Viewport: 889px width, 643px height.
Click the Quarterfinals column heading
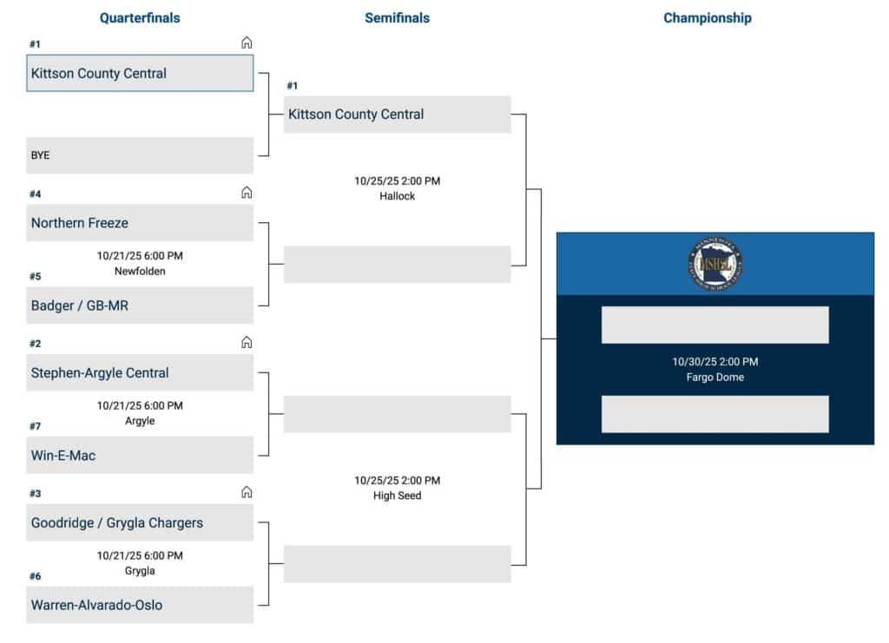pos(140,17)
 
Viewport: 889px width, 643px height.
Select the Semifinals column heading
pos(397,17)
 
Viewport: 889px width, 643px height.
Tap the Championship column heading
pos(708,17)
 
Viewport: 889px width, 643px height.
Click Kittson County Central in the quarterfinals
pos(140,74)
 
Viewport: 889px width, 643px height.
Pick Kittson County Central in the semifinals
pos(397,115)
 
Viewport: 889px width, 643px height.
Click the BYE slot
pos(140,155)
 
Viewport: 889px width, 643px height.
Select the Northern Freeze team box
pos(140,223)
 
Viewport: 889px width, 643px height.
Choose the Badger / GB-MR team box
pos(140,305)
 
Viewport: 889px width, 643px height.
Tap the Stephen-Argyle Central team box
pos(140,373)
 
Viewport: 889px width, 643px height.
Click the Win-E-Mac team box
pos(140,455)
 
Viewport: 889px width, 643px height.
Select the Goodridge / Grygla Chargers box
pos(140,523)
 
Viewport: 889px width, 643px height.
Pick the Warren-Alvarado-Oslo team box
pos(140,605)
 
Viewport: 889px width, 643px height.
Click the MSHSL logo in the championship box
pos(714,264)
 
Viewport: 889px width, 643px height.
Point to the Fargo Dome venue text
pos(714,377)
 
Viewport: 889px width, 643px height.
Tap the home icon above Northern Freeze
pos(247,193)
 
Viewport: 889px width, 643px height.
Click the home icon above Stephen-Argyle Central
pos(247,343)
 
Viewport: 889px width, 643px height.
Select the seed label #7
pos(36,426)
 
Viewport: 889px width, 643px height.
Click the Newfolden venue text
pos(140,271)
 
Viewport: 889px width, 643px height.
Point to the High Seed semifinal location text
pos(397,495)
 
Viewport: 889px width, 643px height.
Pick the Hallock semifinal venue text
pos(397,196)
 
